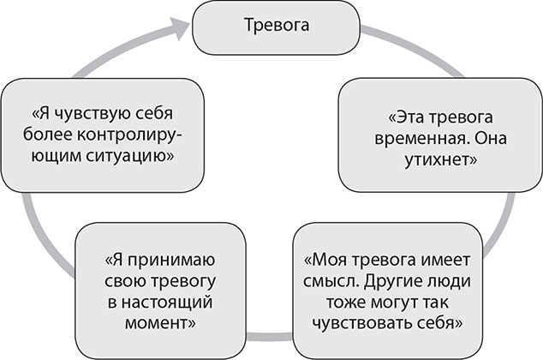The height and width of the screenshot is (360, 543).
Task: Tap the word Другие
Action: (x=404, y=282)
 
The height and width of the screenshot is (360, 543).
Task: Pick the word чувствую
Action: (x=93, y=114)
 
